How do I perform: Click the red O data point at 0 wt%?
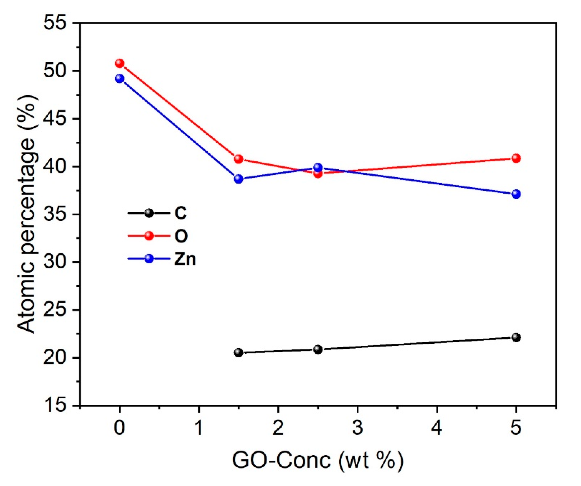point(119,63)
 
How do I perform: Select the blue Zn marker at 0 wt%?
point(119,79)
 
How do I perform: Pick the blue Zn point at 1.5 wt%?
point(238,179)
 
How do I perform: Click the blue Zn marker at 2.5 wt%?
point(318,167)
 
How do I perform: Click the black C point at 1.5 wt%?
point(238,352)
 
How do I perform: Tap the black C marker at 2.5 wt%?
point(318,349)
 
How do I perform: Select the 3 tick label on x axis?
point(357,428)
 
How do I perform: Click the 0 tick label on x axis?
point(119,428)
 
